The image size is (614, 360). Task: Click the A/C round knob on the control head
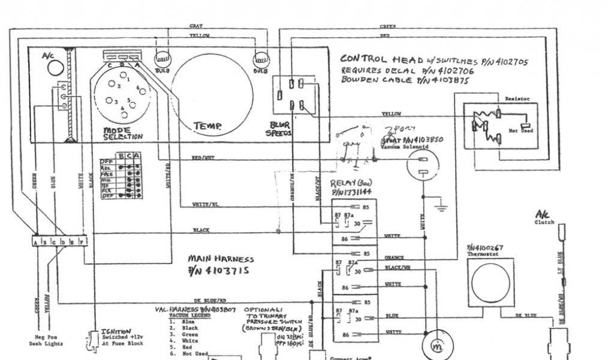pyautogui.click(x=56, y=68)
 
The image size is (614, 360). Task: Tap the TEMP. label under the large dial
pyautogui.click(x=207, y=127)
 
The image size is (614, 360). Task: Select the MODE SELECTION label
pyautogui.click(x=124, y=133)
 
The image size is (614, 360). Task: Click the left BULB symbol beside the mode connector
pyautogui.click(x=162, y=59)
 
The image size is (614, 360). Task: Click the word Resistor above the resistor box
pyautogui.click(x=516, y=98)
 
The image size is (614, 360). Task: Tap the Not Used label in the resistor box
pyautogui.click(x=520, y=130)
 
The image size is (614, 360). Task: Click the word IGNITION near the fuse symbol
pyautogui.click(x=116, y=331)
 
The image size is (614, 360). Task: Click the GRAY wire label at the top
pyautogui.click(x=195, y=26)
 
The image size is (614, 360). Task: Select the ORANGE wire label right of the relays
pyautogui.click(x=394, y=257)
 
